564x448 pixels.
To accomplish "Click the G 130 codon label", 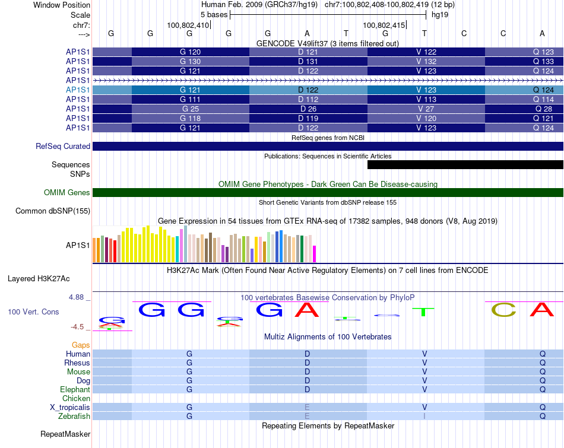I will [x=190, y=62].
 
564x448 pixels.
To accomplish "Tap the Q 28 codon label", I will [x=543, y=109].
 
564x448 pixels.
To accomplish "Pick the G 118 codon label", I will [x=190, y=119].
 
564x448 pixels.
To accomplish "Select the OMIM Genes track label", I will [x=67, y=192].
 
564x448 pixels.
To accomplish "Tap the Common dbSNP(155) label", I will [x=53, y=211].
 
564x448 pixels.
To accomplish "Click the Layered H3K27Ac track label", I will [x=39, y=278].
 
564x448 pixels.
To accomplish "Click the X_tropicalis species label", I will [x=70, y=408].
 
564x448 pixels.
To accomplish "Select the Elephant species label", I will [x=75, y=390].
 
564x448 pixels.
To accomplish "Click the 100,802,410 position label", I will [x=188, y=26].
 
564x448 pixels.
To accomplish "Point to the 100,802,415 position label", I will [x=384, y=26].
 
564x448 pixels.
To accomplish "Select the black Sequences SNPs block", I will [x=465, y=165].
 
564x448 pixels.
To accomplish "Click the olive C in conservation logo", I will [x=503, y=309].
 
